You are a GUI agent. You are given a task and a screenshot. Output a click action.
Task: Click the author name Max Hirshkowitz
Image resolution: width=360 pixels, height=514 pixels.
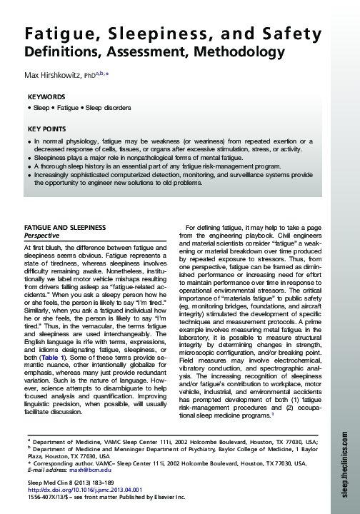(54, 75)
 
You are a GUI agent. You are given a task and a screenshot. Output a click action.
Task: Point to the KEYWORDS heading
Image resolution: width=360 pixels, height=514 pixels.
(46, 96)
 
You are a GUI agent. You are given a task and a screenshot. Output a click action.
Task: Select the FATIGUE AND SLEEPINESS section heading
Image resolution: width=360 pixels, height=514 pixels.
(65, 227)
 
